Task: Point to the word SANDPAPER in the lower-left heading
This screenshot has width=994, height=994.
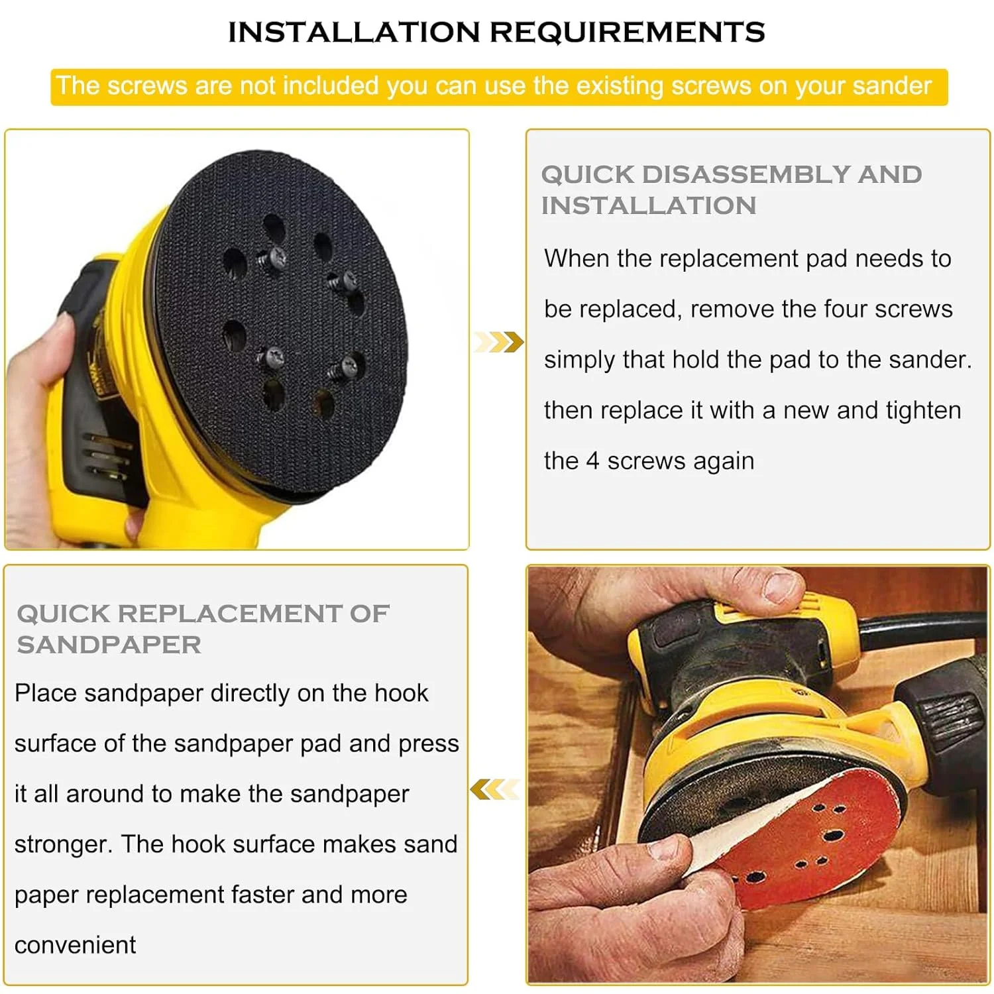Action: pos(109,645)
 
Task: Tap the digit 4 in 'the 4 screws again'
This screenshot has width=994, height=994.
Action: pos(592,461)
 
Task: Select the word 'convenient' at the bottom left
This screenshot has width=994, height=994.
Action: pos(75,945)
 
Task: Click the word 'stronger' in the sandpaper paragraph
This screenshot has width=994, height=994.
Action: pos(62,845)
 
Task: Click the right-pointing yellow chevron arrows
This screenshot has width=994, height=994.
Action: pos(498,342)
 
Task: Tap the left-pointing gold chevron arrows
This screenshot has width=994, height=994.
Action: pos(494,789)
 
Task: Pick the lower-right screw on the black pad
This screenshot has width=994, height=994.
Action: pos(346,366)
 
